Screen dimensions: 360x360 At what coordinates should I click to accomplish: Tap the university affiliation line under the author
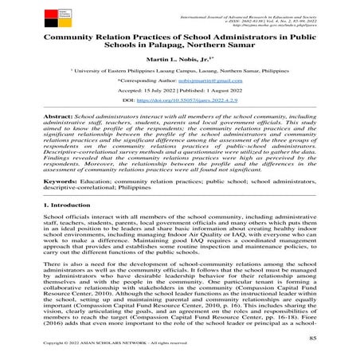[179, 79]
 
